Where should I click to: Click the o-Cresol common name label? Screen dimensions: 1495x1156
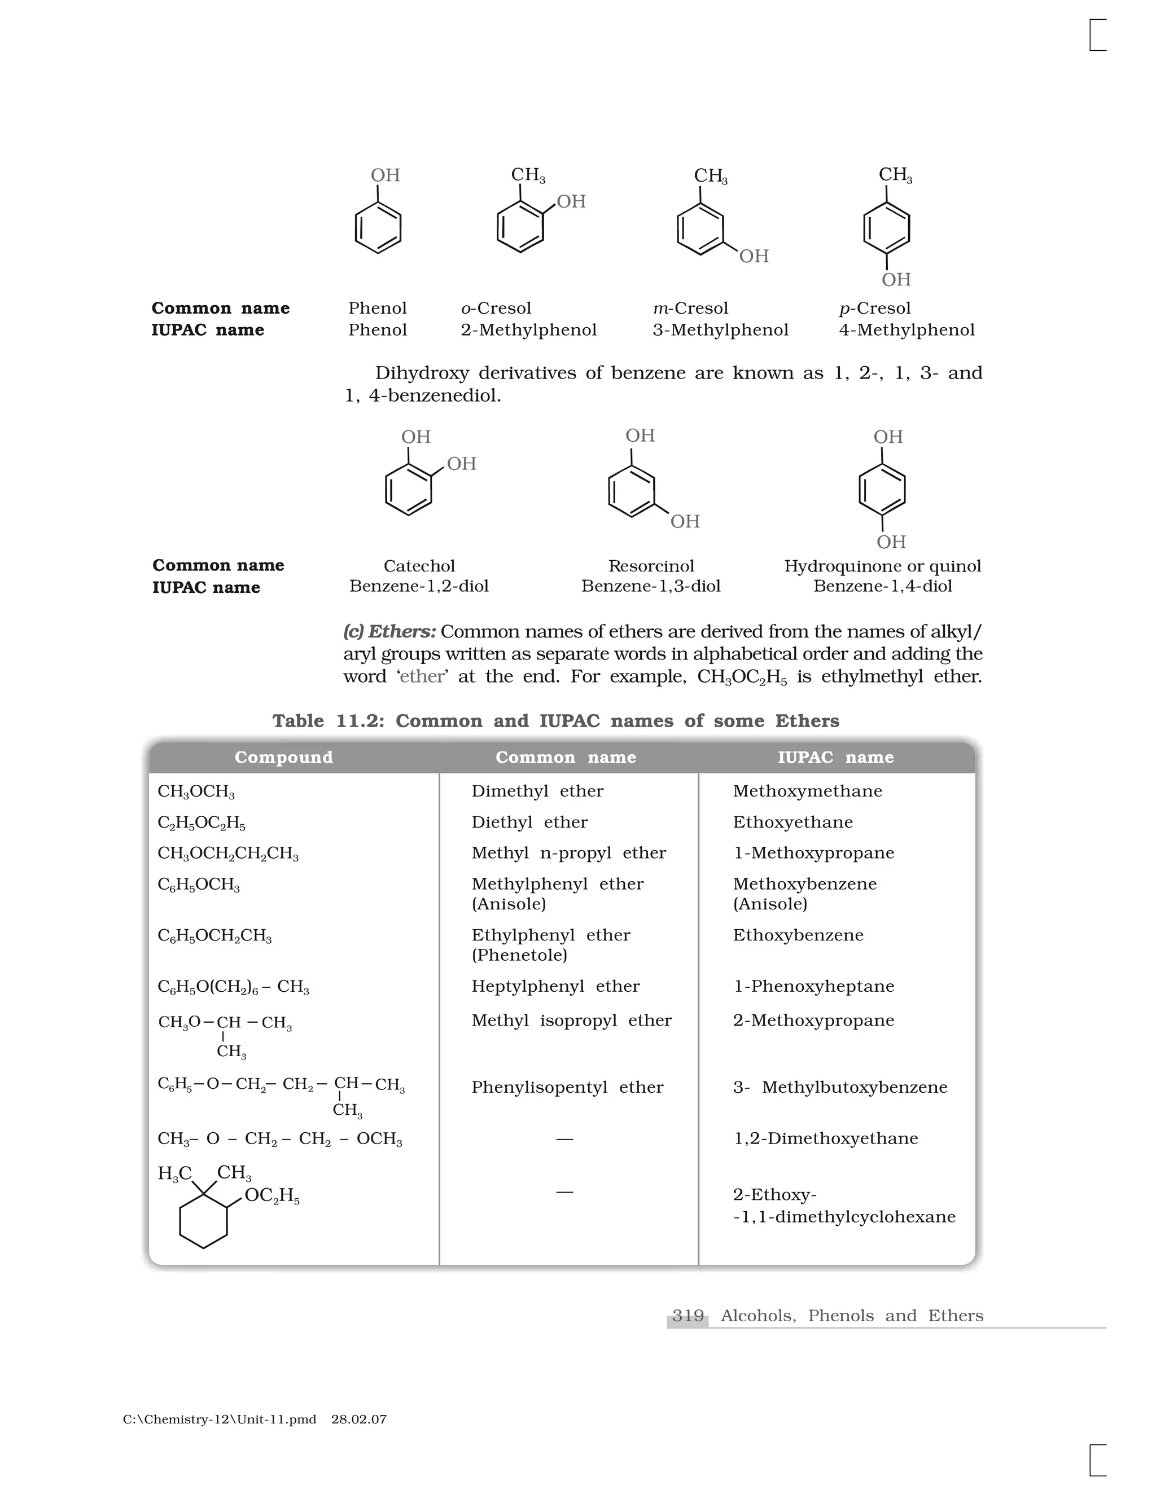[496, 308]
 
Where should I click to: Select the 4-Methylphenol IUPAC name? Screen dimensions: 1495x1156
[906, 330]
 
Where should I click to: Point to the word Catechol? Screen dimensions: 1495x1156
[419, 566]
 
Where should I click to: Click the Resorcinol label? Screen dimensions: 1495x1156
[651, 566]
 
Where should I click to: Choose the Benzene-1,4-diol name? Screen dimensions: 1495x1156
[882, 586]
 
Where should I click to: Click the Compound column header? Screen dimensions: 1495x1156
[283, 757]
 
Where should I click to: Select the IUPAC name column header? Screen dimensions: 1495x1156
[835, 757]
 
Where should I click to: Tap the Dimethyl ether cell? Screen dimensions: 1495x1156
[537, 792]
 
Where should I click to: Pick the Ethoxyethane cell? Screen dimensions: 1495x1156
[792, 822]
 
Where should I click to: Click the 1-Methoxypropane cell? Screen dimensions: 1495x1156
[813, 853]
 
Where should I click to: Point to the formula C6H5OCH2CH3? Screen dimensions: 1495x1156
[214, 936]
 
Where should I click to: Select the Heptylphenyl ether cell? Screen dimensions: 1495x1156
[555, 986]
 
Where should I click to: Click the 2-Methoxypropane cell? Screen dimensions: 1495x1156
[813, 1021]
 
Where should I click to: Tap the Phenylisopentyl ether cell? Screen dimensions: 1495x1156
[567, 1087]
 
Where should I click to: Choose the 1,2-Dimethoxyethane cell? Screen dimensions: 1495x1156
[825, 1138]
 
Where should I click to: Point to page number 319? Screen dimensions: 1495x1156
[688, 1316]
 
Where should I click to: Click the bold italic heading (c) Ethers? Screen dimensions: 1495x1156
[389, 631]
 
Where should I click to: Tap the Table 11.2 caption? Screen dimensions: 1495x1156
[555, 721]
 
